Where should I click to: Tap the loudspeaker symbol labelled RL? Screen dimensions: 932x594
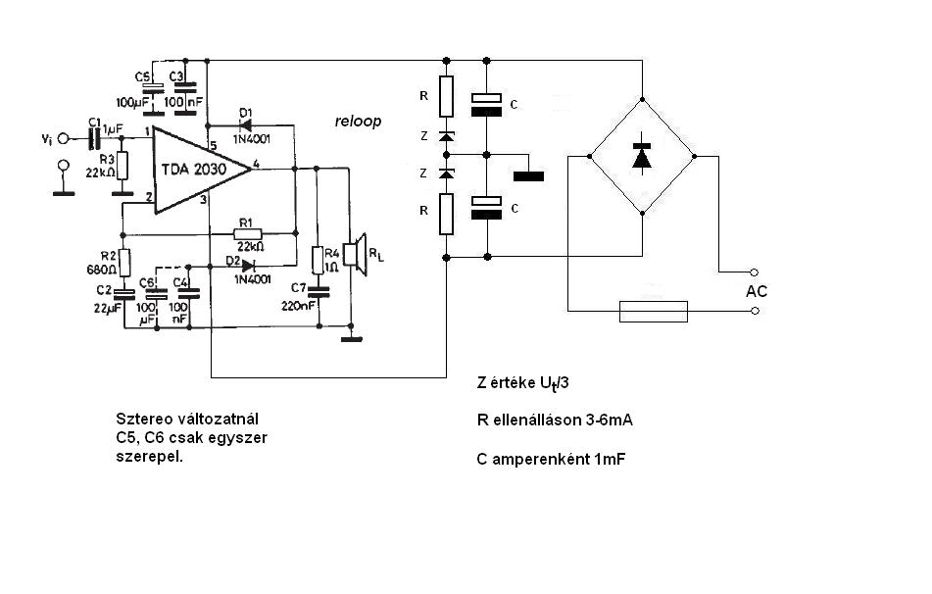point(359,255)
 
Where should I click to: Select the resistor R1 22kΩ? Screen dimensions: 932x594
point(247,233)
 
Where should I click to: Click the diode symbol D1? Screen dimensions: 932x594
point(244,125)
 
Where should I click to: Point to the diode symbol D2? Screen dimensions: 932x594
point(249,266)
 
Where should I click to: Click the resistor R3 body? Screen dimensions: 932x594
point(123,166)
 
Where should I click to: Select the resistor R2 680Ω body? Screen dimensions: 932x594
point(124,263)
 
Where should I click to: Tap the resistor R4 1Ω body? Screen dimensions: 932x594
point(318,261)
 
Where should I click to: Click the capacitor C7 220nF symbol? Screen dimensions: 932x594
point(319,291)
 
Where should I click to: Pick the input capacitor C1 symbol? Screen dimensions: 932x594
point(93,139)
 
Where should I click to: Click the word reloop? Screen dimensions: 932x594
point(358,122)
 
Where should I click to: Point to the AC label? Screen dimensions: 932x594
point(757,291)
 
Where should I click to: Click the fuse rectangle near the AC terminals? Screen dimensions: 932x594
point(654,311)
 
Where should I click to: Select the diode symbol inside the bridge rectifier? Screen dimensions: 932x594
point(642,156)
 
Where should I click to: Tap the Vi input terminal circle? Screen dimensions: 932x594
point(63,139)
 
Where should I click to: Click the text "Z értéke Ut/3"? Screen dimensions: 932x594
point(522,383)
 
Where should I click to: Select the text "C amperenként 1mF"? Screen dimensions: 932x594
point(551,459)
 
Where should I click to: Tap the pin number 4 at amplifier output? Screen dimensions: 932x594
point(256,164)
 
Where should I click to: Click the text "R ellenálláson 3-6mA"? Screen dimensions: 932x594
point(555,421)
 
